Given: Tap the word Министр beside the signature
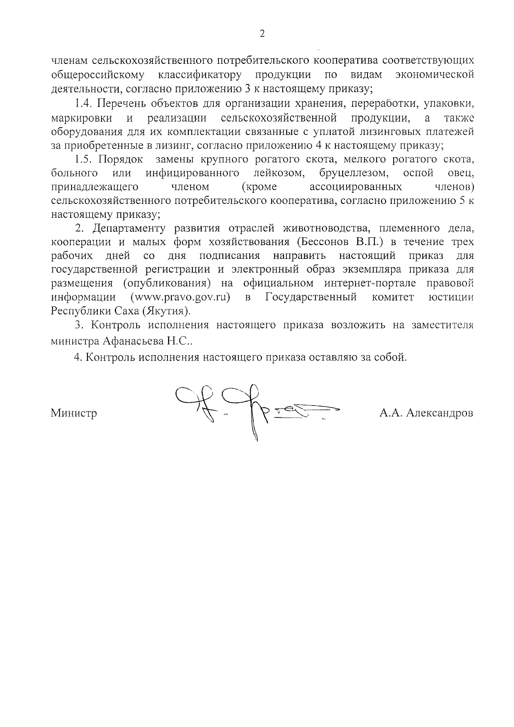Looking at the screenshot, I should [74, 413].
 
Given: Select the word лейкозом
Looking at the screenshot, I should [278, 173].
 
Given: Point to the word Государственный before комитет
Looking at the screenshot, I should [311, 297].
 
